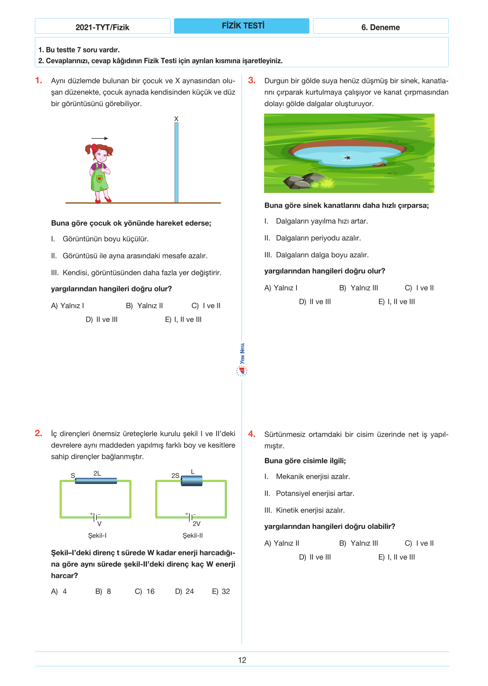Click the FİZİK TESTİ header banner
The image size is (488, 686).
click(x=242, y=26)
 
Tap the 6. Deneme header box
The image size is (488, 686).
click(x=381, y=27)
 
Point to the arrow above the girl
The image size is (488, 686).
click(x=100, y=138)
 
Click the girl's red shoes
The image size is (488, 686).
click(x=103, y=200)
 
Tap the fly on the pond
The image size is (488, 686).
click(x=347, y=158)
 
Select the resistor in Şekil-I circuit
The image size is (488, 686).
click(x=96, y=481)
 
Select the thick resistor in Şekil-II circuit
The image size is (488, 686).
click(x=192, y=481)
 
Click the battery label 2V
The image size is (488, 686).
click(x=196, y=524)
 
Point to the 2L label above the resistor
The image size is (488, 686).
click(x=97, y=473)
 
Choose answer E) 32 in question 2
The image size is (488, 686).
click(x=221, y=591)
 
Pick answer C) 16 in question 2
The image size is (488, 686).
click(x=145, y=591)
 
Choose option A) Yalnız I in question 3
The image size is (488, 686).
click(x=281, y=288)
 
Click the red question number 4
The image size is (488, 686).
click(x=252, y=434)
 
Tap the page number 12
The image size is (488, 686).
click(x=242, y=660)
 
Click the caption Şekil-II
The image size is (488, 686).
click(x=193, y=535)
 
